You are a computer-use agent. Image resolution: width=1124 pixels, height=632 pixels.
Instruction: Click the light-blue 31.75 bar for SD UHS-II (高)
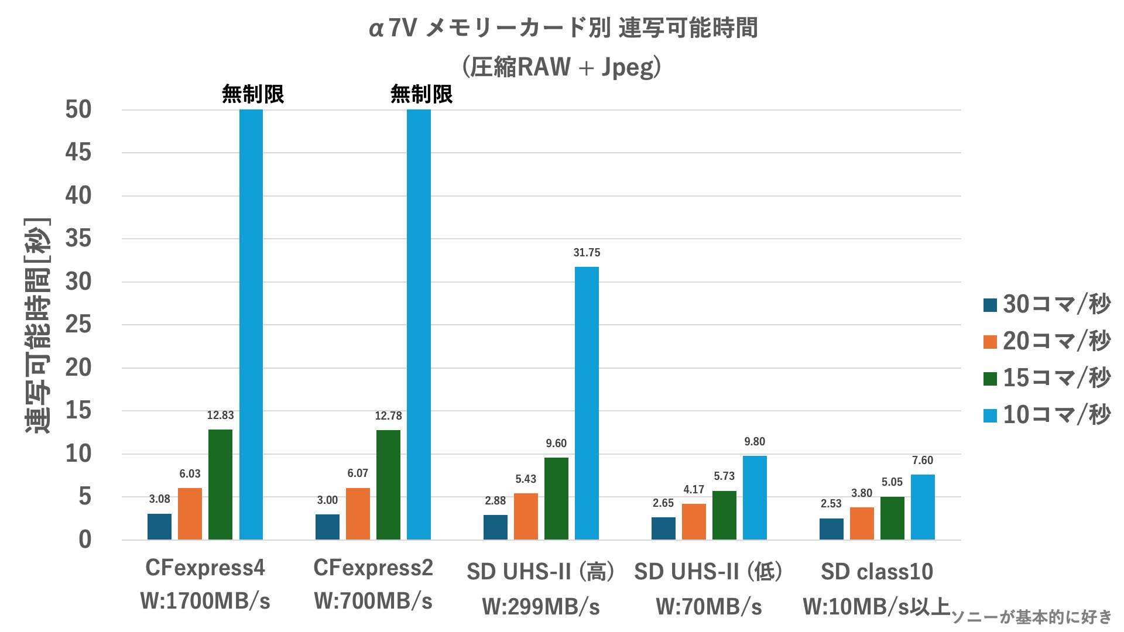[x=587, y=403]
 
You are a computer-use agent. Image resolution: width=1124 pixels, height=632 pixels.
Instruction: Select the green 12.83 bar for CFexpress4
[x=220, y=485]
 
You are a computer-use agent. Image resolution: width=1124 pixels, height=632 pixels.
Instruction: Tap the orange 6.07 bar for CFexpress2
[x=358, y=514]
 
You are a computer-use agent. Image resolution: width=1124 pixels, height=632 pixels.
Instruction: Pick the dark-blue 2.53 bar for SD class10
[x=831, y=529]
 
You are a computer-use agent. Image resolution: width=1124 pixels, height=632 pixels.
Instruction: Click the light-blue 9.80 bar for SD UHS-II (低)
[x=755, y=497]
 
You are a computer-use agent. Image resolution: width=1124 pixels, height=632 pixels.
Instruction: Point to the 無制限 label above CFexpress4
[x=253, y=94]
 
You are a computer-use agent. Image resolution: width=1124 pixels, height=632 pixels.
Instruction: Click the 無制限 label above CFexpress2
[x=421, y=94]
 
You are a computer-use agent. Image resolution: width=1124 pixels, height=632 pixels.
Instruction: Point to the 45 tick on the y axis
[x=78, y=153]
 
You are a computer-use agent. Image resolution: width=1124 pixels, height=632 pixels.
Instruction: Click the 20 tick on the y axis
[x=78, y=368]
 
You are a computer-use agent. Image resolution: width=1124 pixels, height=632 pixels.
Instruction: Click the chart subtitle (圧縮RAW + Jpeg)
[x=562, y=67]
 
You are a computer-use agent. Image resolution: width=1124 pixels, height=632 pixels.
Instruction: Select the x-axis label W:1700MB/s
[x=205, y=602]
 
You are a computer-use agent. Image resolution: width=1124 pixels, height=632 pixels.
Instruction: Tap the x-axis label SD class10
[x=876, y=572]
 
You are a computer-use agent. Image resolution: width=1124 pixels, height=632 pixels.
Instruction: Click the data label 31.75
[x=587, y=253]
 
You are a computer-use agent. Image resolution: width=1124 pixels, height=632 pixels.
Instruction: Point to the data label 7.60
[x=923, y=461]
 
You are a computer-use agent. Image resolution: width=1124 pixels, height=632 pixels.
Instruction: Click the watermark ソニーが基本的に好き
[x=1031, y=617]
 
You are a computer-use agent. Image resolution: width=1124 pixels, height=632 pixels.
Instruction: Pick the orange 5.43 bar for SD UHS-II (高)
[x=526, y=516]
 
